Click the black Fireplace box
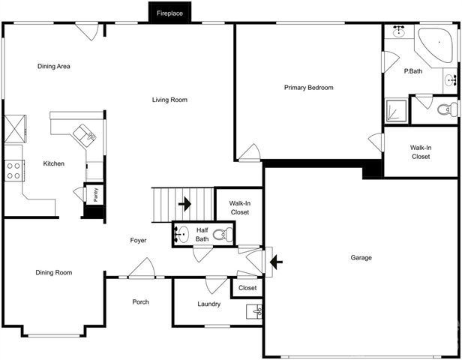click(x=169, y=13)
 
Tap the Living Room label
click(x=169, y=100)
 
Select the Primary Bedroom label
click(x=308, y=88)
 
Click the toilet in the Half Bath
click(x=221, y=235)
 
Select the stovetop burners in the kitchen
click(x=13, y=171)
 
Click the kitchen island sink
click(x=89, y=137)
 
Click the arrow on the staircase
click(x=184, y=203)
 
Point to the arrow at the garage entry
click(x=277, y=261)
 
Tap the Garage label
click(x=361, y=257)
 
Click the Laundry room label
click(x=208, y=304)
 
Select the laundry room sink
click(x=256, y=310)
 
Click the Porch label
click(x=139, y=302)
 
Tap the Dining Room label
click(x=53, y=272)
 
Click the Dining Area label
click(x=53, y=67)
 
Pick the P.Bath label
click(x=414, y=71)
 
